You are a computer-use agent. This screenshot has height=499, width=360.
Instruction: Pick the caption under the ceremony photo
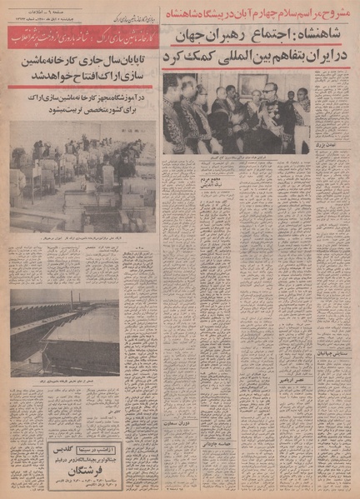pyautogui.click(x=229, y=158)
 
